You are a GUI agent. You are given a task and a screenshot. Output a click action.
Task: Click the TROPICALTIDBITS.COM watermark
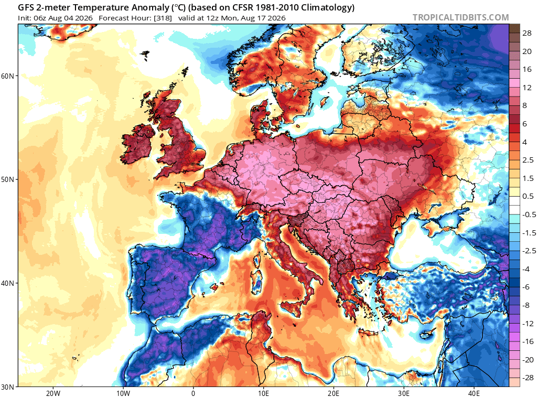pos(460,17)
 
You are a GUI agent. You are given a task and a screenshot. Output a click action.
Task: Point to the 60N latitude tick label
pos(7,76)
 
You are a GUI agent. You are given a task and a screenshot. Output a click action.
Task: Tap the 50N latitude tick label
pos(7,179)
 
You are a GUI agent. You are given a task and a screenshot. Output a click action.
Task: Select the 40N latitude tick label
pos(7,283)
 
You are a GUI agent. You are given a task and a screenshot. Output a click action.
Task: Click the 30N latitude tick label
pos(7,387)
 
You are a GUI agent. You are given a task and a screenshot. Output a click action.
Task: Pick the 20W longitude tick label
pos(53,393)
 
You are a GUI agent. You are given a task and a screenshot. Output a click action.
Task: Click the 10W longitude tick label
pos(123,393)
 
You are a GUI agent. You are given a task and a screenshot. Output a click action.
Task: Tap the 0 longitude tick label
pos(194,393)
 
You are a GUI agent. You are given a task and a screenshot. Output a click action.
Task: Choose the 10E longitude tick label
pos(263,393)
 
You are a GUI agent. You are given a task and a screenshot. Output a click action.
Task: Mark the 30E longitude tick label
pos(404,393)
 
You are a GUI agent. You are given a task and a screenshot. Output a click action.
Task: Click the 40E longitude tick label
pos(474,393)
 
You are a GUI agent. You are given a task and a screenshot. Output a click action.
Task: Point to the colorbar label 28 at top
pos(527,33)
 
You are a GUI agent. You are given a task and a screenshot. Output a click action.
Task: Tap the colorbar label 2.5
pos(528,160)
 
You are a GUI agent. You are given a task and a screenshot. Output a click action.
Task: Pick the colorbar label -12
pos(528,324)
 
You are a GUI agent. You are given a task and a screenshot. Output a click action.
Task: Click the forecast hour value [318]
pos(163,18)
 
